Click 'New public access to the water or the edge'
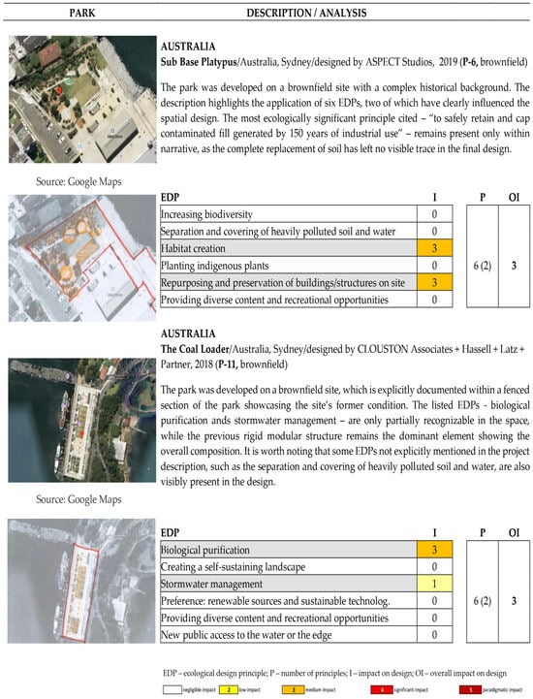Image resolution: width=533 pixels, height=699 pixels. (262, 634)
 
